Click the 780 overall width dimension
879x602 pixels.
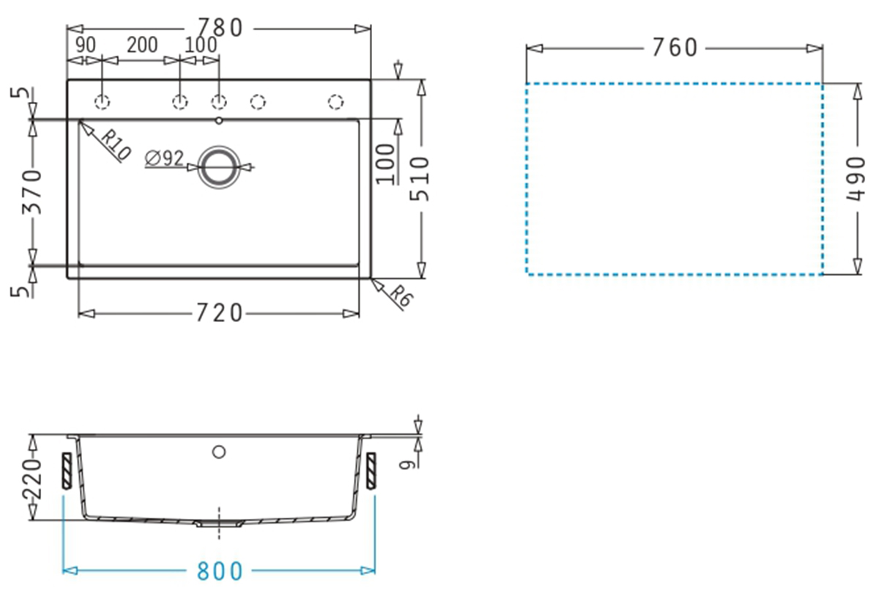220,28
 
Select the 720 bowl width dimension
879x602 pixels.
219,313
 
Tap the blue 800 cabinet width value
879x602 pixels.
220,571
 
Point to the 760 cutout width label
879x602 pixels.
675,48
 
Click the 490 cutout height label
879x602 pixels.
856,179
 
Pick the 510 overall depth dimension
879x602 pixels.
420,179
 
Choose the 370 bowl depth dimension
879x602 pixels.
31,192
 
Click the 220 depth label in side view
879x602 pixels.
32,479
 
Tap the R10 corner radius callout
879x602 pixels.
116,144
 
